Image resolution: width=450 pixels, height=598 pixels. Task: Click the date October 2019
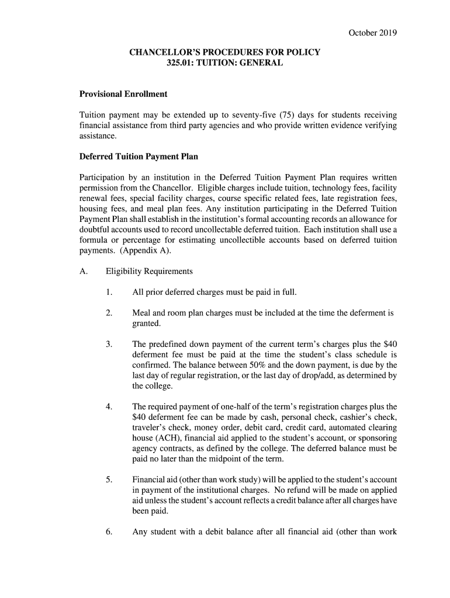[x=372, y=33]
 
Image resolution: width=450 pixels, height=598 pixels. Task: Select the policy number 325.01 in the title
[x=180, y=62]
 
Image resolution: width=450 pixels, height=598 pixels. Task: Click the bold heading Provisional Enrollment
[x=123, y=93]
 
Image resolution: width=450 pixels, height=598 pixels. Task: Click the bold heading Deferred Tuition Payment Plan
[x=139, y=157]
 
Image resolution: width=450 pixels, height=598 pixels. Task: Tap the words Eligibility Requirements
[x=149, y=272]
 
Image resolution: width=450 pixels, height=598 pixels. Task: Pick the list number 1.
[x=109, y=292]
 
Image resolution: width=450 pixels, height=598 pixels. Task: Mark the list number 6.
[x=109, y=531]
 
